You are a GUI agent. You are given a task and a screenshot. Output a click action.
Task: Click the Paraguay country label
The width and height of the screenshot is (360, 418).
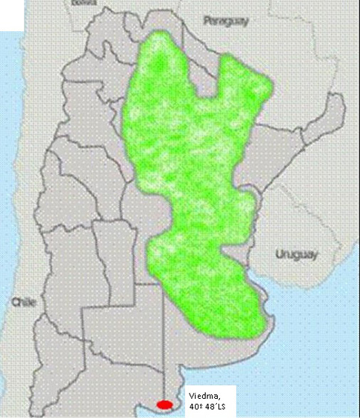pos(226,21)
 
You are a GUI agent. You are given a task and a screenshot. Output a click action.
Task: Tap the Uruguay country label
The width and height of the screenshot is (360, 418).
pos(296,254)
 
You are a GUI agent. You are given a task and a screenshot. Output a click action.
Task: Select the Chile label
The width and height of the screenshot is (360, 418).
pos(23,302)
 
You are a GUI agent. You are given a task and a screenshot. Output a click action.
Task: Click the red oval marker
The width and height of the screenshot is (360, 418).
pos(164,405)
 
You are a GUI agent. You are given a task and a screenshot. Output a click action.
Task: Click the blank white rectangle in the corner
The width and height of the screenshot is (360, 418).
pos(12,15)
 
